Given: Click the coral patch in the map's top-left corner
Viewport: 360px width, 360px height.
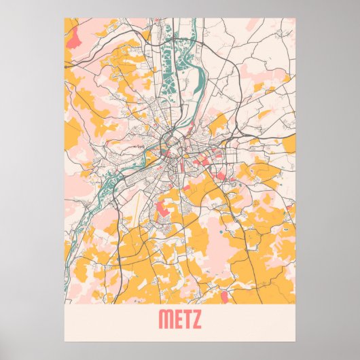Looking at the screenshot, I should tap(73, 30).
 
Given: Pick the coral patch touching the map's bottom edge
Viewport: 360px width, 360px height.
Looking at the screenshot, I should tap(225, 298).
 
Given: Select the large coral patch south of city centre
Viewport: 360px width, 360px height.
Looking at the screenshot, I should tap(165, 206).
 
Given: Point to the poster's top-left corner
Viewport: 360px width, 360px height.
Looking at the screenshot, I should tap(65, 18).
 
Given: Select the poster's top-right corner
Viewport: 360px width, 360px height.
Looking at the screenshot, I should tap(296, 18).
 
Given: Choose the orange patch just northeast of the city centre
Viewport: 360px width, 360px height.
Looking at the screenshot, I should tap(217, 124).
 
